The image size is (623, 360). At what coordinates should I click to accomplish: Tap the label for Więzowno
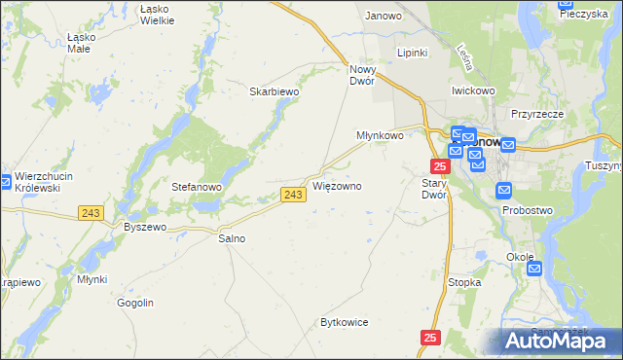(x=338, y=185)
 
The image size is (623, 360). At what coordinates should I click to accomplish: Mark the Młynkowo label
(x=380, y=136)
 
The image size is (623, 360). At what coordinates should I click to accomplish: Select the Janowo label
(x=384, y=16)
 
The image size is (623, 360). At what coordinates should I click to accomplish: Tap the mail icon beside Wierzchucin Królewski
(x=5, y=181)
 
